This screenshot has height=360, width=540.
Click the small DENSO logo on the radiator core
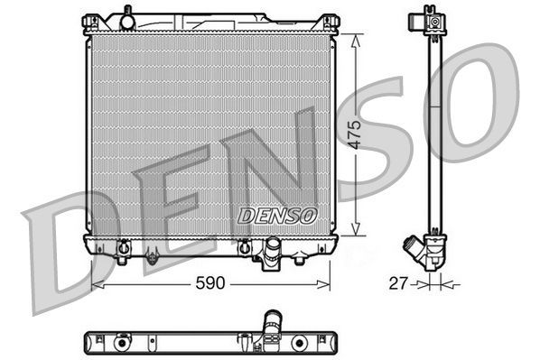(277, 216)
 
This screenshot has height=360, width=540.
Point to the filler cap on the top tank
(128, 17)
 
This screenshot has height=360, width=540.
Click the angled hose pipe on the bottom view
(272, 321)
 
